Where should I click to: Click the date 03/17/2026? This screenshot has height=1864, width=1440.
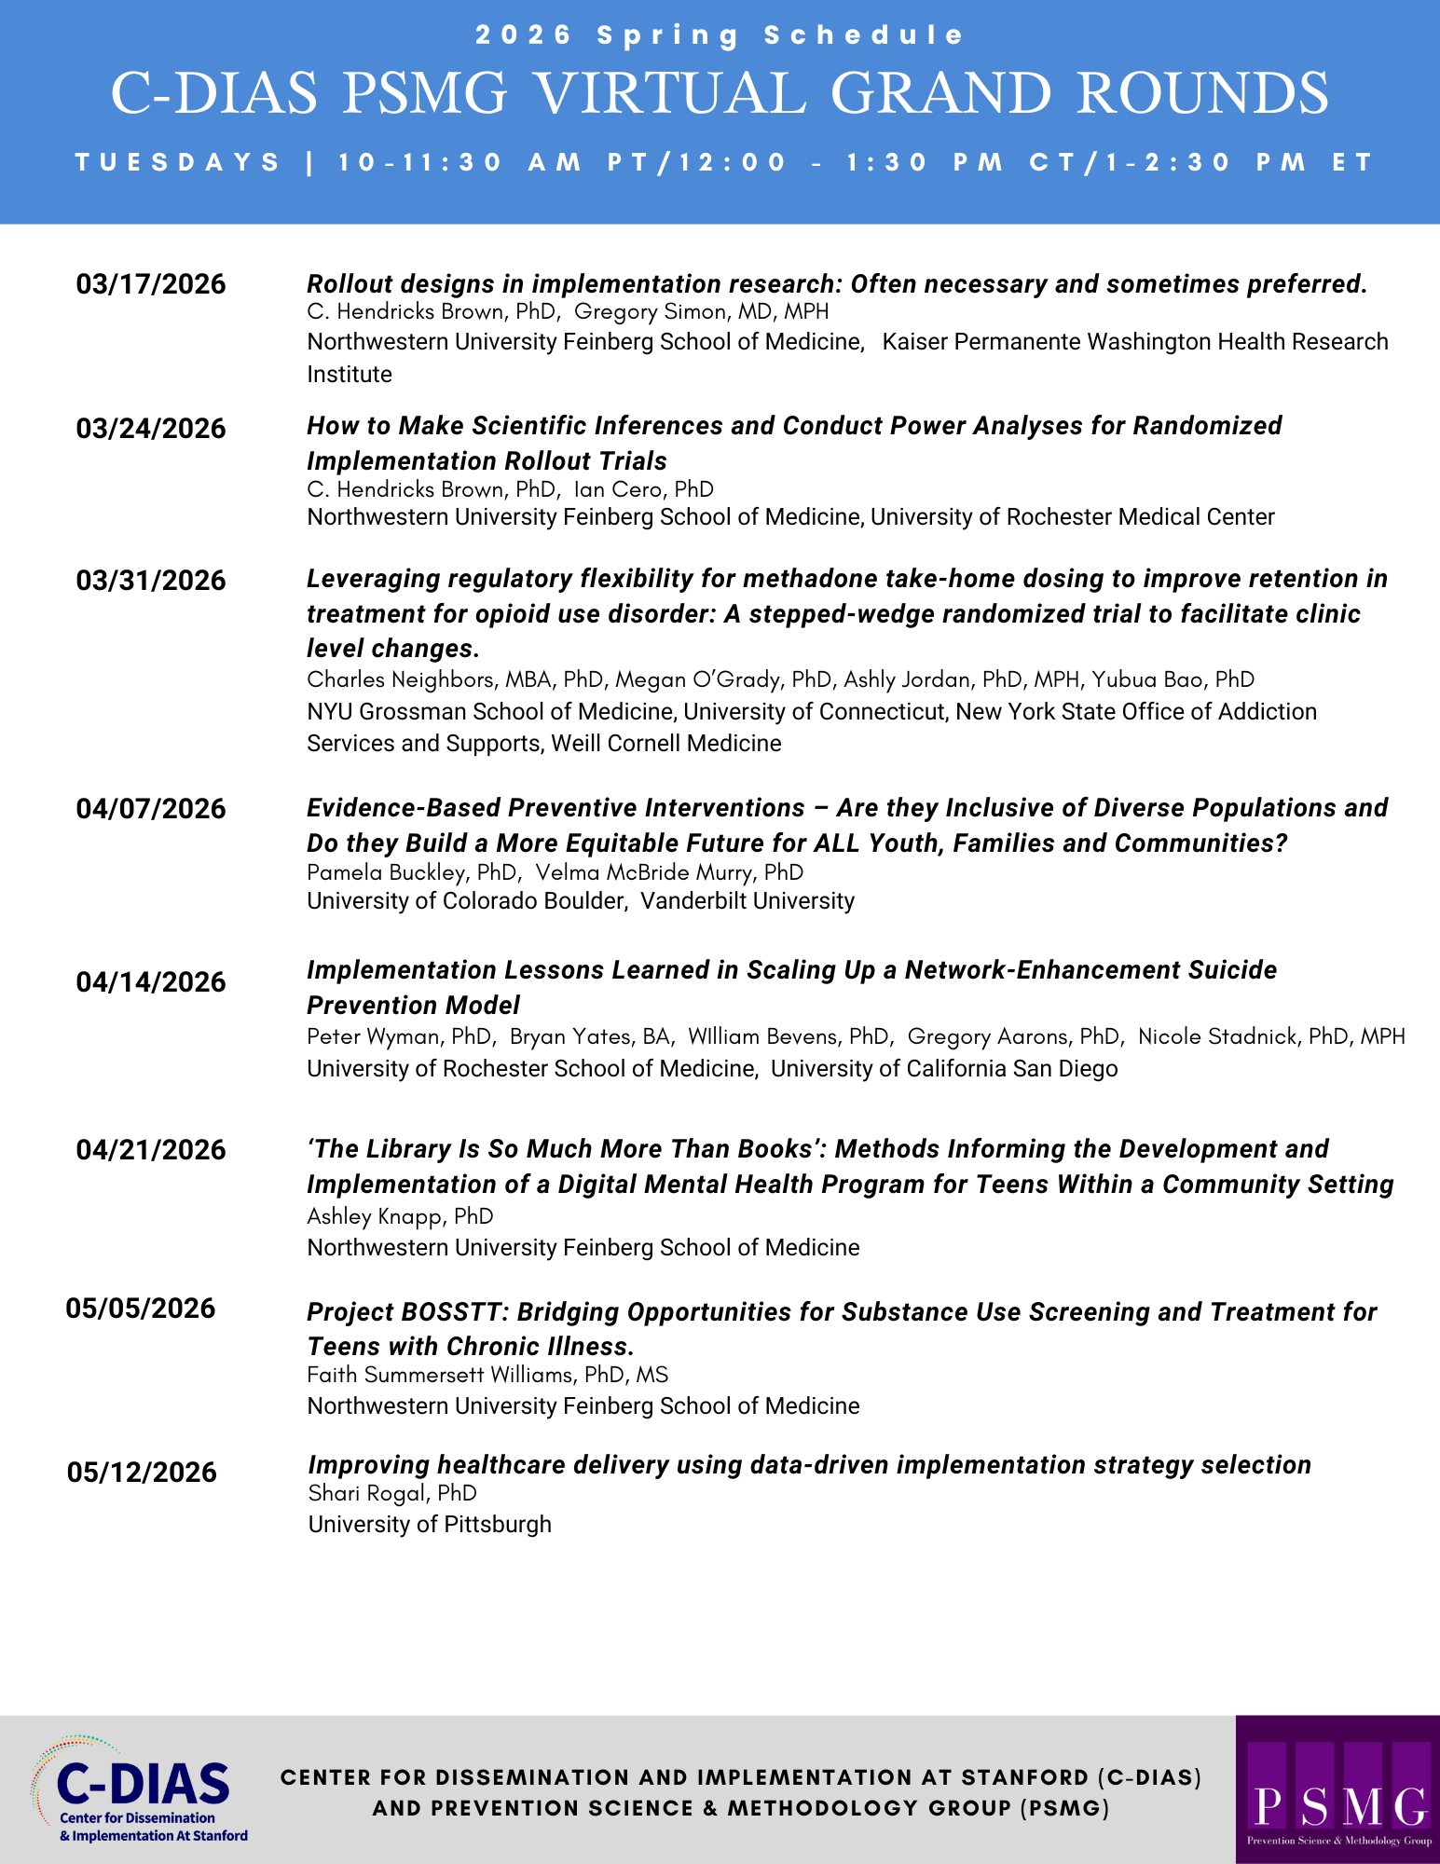click(x=151, y=284)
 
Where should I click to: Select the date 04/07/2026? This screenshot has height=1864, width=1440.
click(x=151, y=808)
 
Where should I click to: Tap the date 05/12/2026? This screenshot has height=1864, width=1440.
click(x=142, y=1473)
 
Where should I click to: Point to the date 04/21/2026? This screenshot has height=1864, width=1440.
click(x=151, y=1149)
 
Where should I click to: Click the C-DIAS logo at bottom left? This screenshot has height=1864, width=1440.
click(x=140, y=1789)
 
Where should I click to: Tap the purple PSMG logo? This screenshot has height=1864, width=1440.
click(x=1337, y=1789)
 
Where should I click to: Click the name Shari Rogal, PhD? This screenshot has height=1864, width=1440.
click(x=392, y=1493)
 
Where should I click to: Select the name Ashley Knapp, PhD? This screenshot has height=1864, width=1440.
click(x=400, y=1216)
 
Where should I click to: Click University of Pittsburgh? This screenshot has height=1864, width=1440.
click(x=430, y=1525)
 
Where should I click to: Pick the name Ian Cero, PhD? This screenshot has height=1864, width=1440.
click(x=644, y=489)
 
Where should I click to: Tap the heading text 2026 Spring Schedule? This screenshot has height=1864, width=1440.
click(x=720, y=35)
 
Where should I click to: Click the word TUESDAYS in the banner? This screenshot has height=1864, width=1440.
click(x=178, y=162)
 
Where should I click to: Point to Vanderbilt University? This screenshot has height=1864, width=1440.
click(x=747, y=901)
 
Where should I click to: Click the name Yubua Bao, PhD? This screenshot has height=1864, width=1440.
click(x=1173, y=679)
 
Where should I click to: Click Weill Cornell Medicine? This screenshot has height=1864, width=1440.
click(x=665, y=744)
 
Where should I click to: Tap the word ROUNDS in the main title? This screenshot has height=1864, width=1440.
click(x=1202, y=93)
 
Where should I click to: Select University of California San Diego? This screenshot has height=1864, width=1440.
click(x=944, y=1069)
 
